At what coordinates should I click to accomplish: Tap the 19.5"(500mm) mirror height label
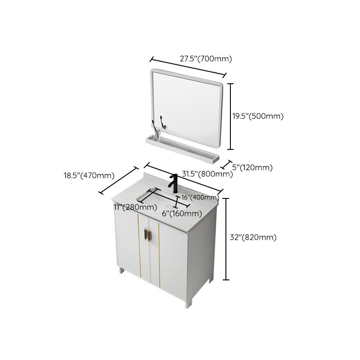pos(257,116)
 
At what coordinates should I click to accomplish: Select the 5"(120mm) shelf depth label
pos(252,168)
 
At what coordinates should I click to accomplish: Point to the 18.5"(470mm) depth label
pos(89,175)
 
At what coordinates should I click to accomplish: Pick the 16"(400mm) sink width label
pos(200,198)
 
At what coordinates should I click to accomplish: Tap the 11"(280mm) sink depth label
pos(135,207)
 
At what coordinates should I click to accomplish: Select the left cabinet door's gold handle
pos(146,234)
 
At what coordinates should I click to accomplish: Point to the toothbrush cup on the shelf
pos(156,131)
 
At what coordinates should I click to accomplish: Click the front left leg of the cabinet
pos(121,270)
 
